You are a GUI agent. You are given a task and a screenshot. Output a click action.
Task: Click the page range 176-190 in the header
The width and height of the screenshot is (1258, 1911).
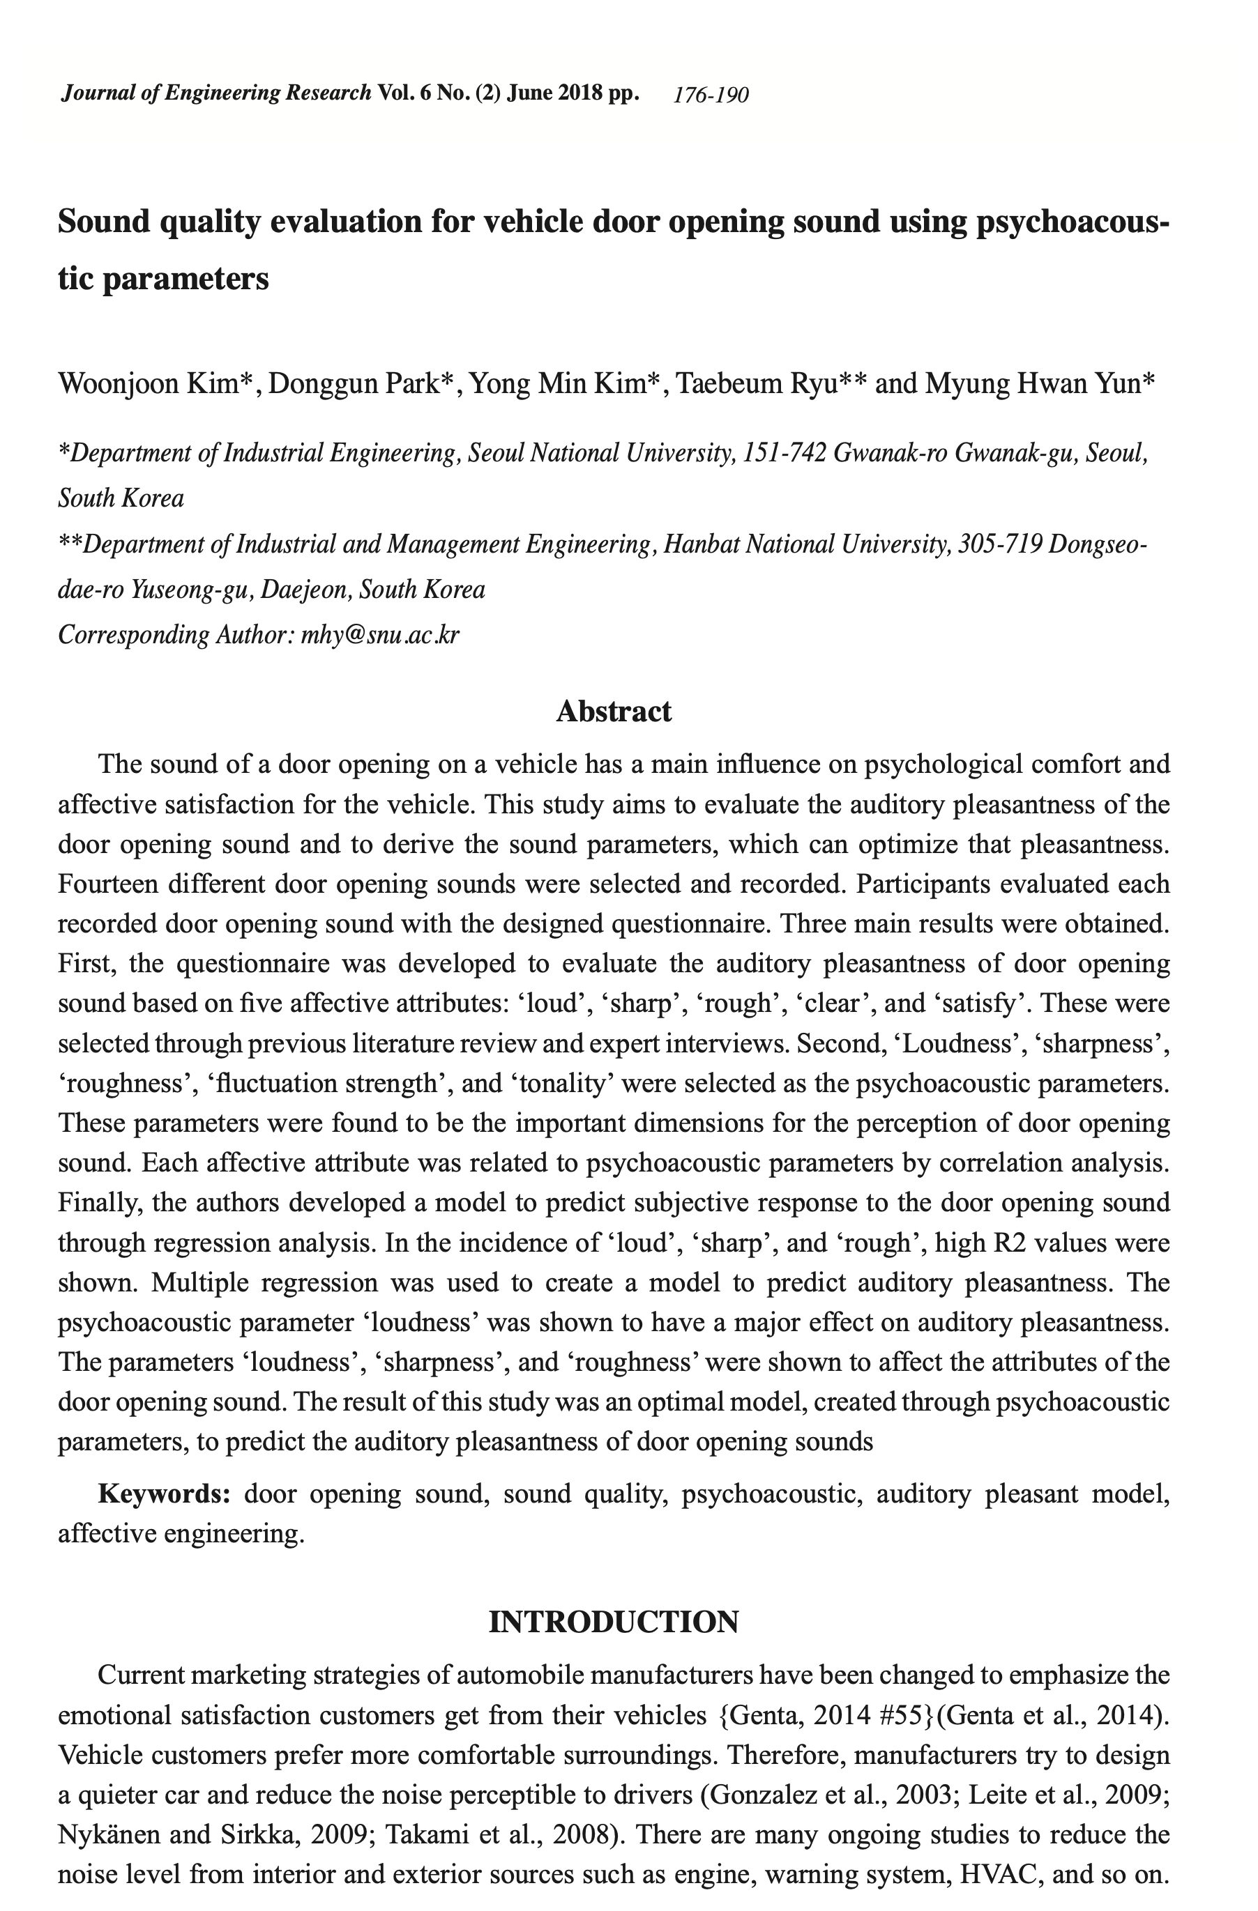pos(711,95)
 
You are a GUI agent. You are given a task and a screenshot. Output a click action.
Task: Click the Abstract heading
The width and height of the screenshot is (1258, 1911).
pos(614,712)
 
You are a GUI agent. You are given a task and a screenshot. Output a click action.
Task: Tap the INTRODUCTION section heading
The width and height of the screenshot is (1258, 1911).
pos(614,1621)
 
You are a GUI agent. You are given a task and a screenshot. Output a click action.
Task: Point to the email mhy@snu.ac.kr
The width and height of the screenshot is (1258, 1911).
pos(380,635)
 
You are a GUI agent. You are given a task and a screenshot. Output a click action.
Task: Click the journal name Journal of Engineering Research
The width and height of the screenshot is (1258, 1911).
pos(216,93)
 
